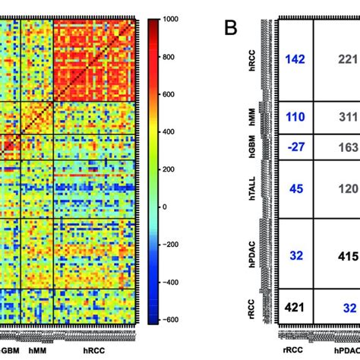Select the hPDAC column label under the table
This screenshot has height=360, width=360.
pyautogui.click(x=346, y=352)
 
